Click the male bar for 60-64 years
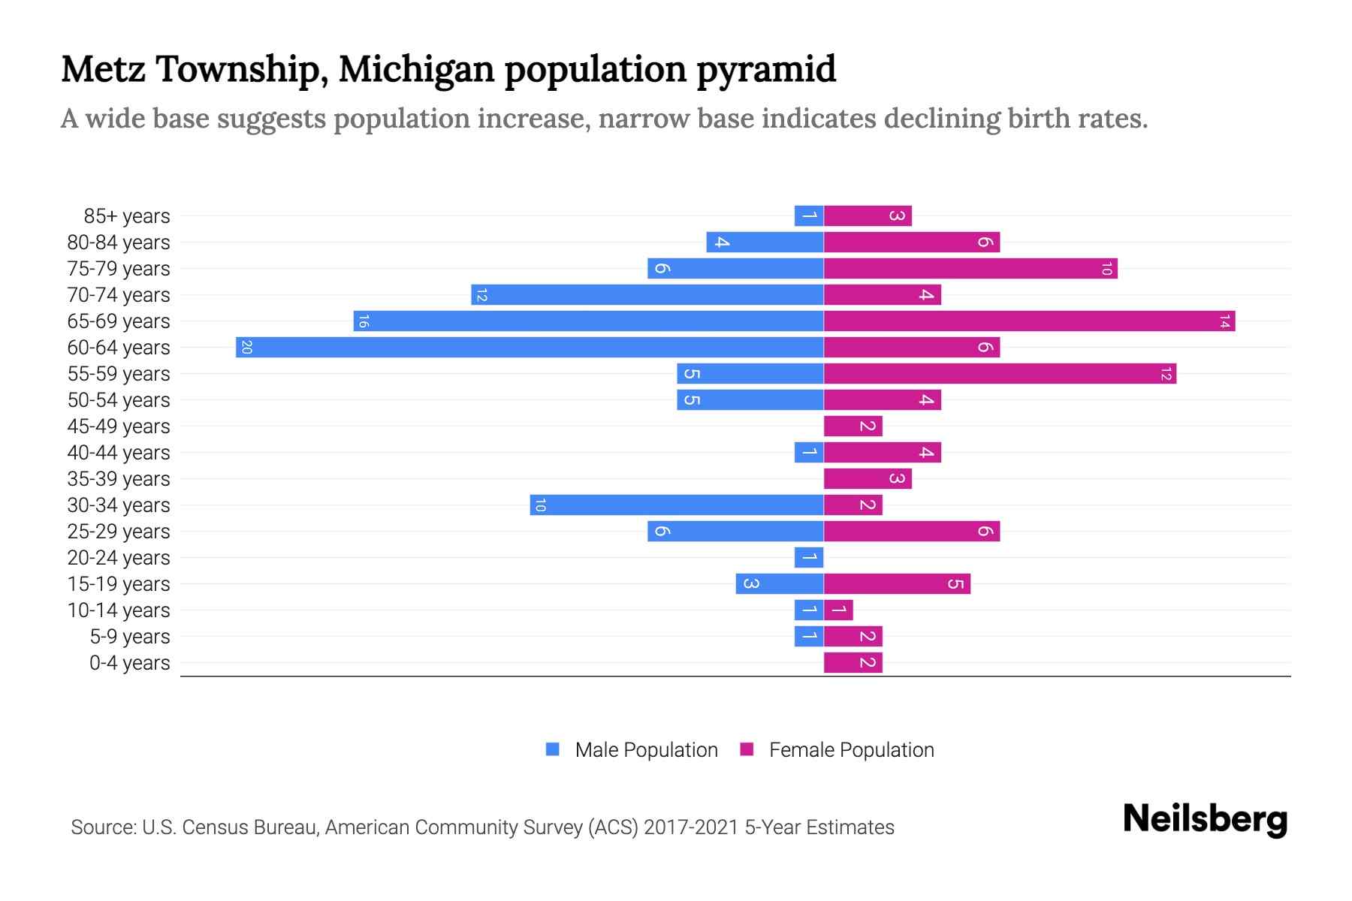click(530, 348)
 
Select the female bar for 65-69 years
click(1029, 321)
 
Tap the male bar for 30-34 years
click(676, 505)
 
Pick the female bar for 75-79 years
click(970, 269)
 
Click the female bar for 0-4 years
click(853, 663)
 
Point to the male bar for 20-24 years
click(809, 558)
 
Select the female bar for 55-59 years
click(1000, 374)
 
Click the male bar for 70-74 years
click(647, 295)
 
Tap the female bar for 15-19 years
click(897, 584)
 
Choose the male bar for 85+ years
click(809, 216)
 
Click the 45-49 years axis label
click(119, 426)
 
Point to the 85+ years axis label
click(127, 216)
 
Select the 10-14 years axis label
click(119, 610)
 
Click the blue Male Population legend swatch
click(553, 749)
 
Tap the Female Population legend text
click(851, 749)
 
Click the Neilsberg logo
click(1205, 819)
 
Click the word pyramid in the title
click(765, 69)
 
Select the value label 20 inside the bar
click(246, 348)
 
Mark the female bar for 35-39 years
click(868, 479)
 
